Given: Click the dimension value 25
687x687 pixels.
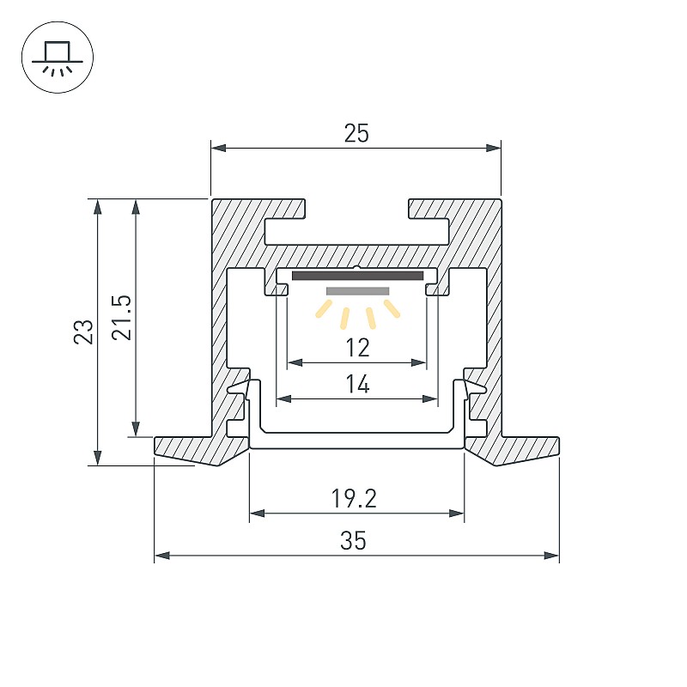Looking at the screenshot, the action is (x=356, y=133).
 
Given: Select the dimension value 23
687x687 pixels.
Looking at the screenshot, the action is (x=83, y=331).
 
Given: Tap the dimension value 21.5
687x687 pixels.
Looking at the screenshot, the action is (x=121, y=318).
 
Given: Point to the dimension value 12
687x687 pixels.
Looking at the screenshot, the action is (x=357, y=348).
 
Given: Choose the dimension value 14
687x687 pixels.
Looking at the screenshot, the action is (x=357, y=384).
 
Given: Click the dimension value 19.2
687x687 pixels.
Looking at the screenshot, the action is (x=354, y=499).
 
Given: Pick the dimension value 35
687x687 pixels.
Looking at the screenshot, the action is (x=353, y=540).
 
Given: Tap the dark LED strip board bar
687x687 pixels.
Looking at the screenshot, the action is (x=357, y=276).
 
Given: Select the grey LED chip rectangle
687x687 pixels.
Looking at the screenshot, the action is (x=357, y=291).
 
